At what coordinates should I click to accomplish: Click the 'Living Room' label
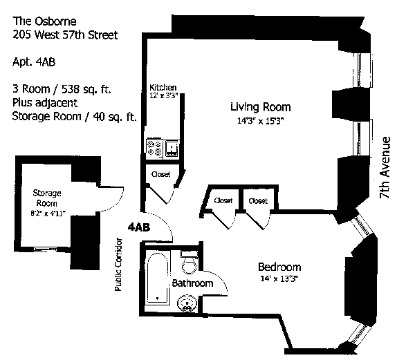click(x=260, y=107)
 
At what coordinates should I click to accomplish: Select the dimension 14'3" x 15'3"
click(x=260, y=122)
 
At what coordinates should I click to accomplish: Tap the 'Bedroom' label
click(x=279, y=267)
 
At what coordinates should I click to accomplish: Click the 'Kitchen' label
click(x=163, y=87)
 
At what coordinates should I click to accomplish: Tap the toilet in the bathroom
click(x=187, y=265)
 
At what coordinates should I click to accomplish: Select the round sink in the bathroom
click(x=186, y=303)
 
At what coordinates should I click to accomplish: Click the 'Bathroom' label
click(x=191, y=283)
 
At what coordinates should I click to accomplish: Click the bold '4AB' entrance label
click(x=141, y=226)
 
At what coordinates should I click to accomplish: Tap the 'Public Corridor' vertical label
click(x=120, y=264)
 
